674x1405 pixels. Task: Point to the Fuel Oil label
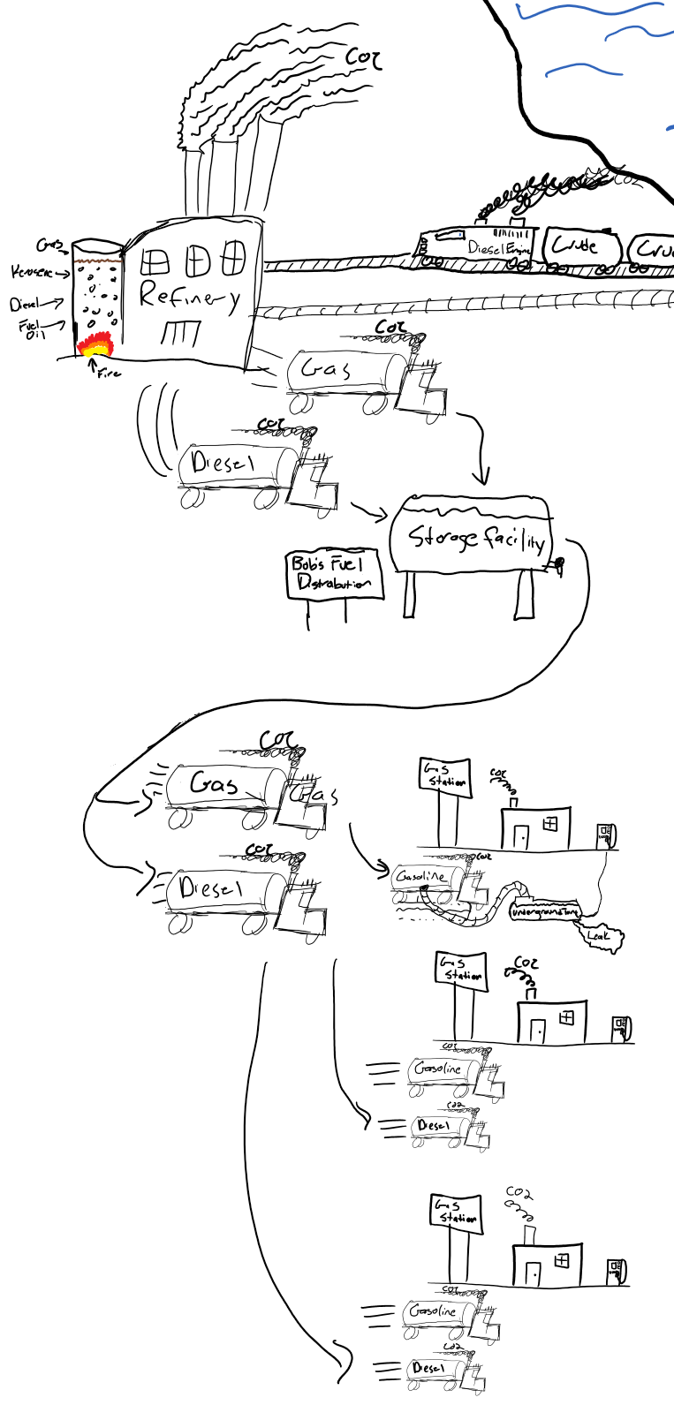pos(32,329)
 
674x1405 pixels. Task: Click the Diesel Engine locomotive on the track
pos(477,245)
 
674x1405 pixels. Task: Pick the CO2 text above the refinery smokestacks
pos(363,58)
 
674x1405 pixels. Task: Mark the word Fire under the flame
pos(108,374)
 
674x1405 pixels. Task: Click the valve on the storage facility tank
pos(557,564)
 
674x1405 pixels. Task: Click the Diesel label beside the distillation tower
pos(26,305)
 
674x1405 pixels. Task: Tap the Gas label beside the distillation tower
pos(49,245)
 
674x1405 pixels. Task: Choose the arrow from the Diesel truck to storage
pos(369,510)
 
